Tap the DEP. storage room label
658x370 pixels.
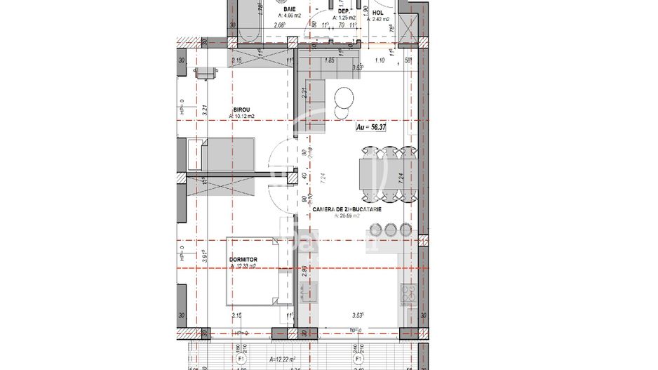344,11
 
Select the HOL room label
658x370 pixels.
378,12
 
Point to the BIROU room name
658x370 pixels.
243,110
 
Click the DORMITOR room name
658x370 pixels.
243,259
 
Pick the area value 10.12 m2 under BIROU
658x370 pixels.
245,117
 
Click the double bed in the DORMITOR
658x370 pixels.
255,273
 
